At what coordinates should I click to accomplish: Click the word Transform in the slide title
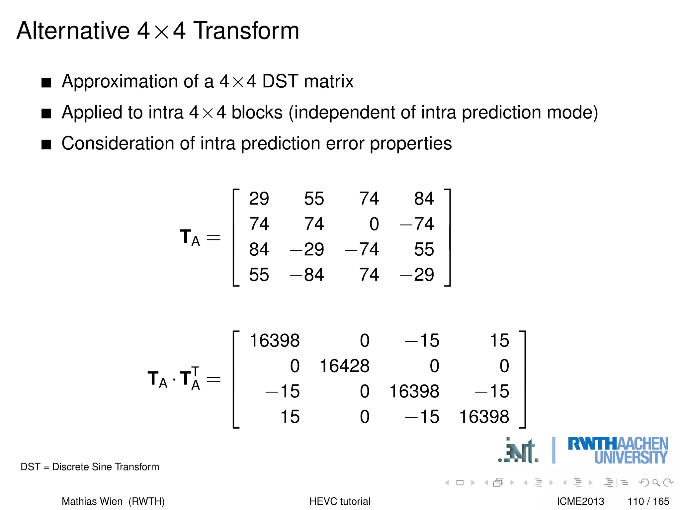[x=246, y=31]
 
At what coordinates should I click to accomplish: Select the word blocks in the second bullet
[x=257, y=113]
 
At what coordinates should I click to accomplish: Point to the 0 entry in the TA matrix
[x=374, y=224]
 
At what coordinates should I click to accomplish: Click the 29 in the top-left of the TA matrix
[x=259, y=199]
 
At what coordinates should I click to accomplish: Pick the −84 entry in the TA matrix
[x=307, y=275]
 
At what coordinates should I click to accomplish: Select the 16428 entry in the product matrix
[x=344, y=366]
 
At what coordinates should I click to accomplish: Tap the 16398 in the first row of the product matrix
[x=275, y=341]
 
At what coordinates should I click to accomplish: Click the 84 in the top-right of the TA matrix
[x=424, y=199]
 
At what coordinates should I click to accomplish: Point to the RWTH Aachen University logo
[x=618, y=450]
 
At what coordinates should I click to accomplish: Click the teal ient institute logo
[x=519, y=451]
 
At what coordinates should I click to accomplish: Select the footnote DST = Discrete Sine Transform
[x=90, y=467]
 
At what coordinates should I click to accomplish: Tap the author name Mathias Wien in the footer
[x=92, y=501]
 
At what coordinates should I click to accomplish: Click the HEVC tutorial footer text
[x=340, y=501]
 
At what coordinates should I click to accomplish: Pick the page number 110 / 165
[x=648, y=501]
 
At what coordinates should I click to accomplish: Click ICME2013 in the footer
[x=580, y=501]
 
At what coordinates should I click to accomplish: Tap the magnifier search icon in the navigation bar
[x=656, y=482]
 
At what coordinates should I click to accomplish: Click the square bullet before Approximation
[x=46, y=82]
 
